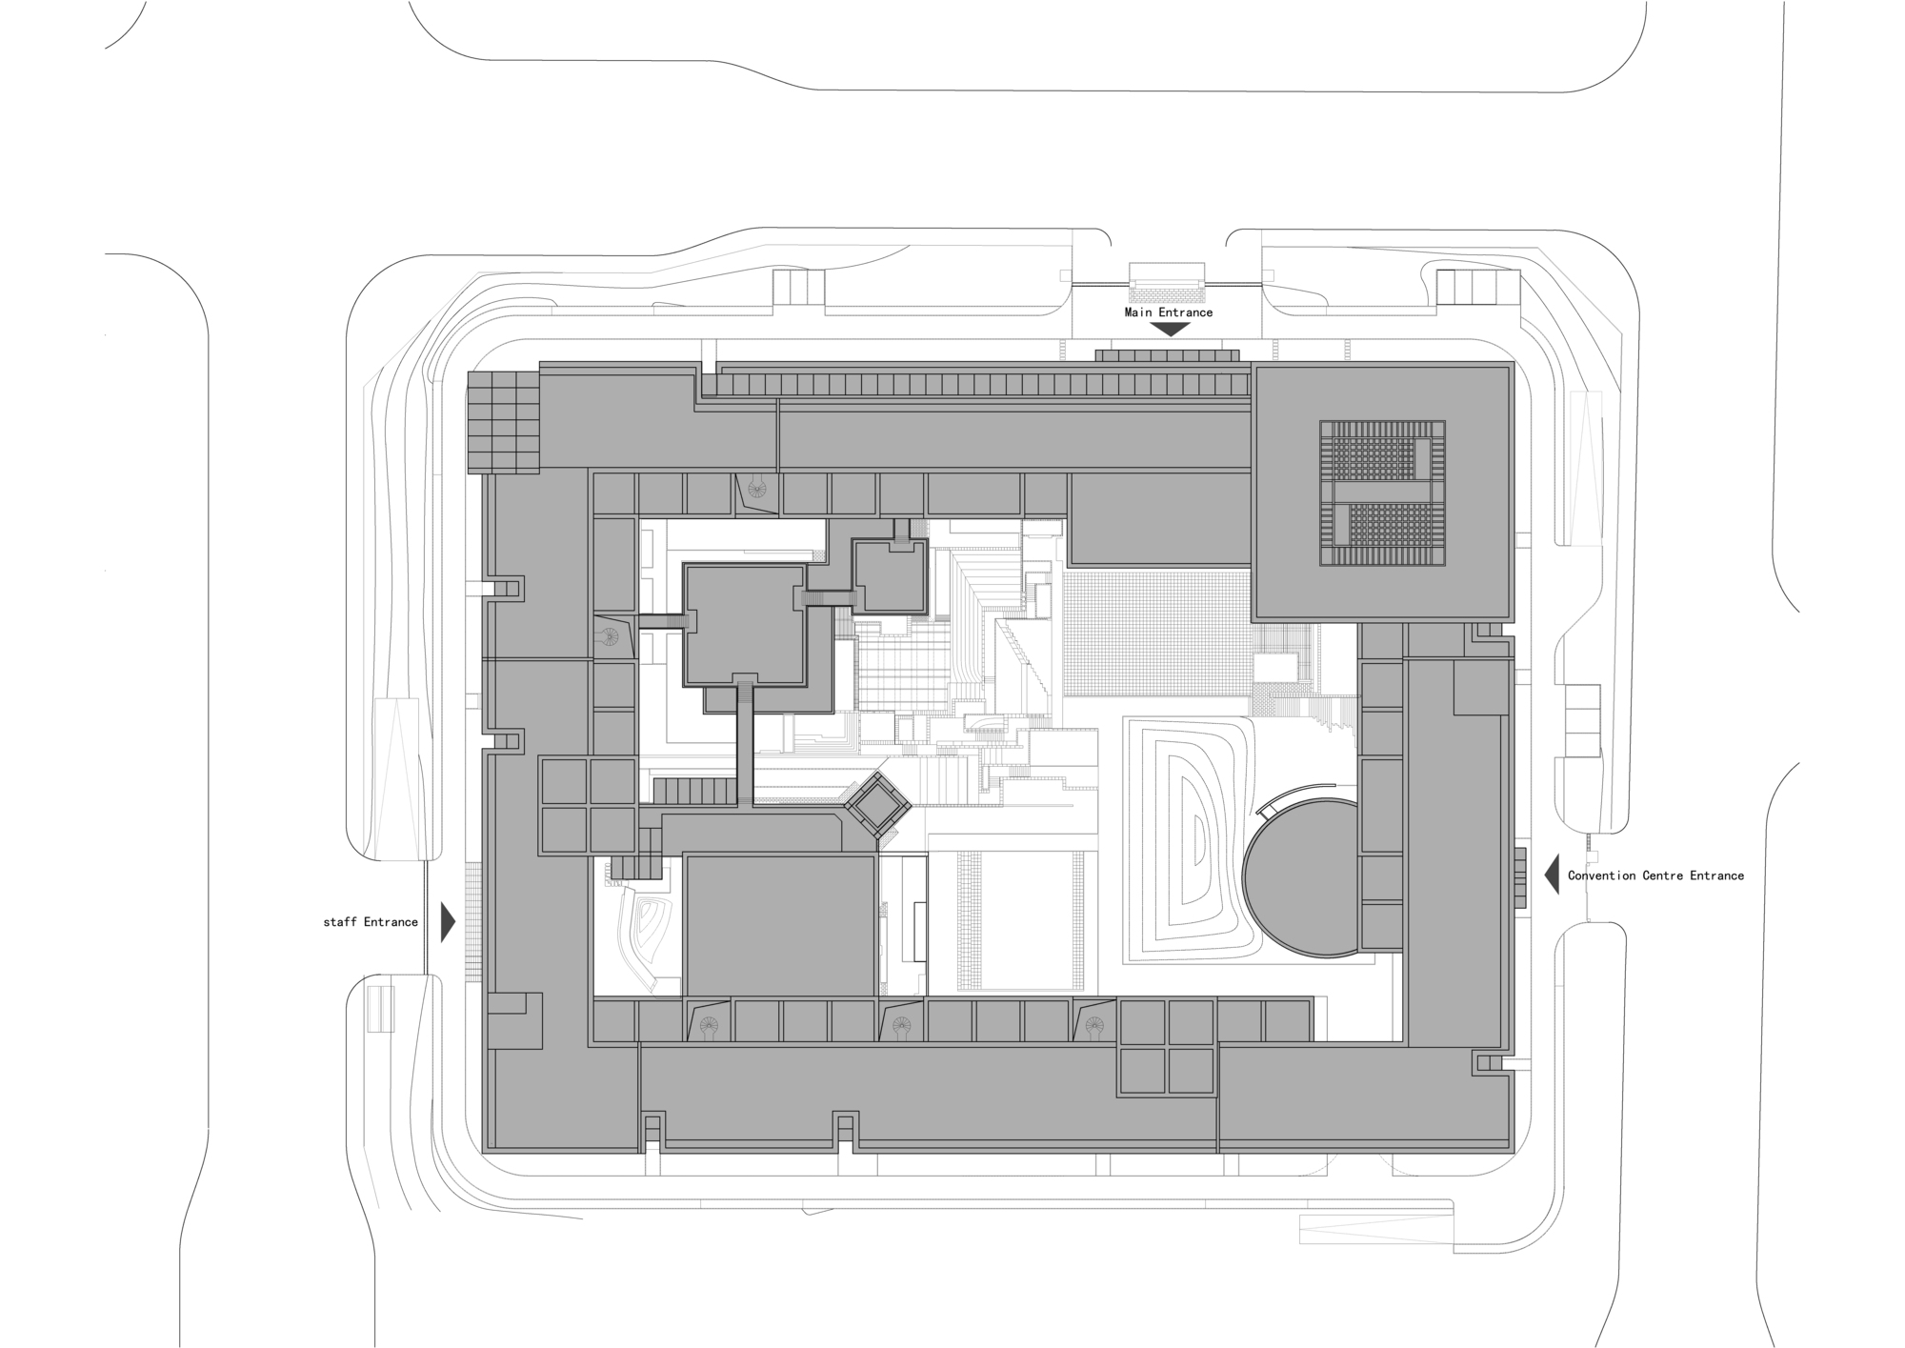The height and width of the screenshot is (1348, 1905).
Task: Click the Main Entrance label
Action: tap(1168, 312)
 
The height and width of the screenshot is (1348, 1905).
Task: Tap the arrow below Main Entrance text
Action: tap(1169, 330)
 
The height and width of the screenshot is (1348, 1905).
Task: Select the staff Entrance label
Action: tap(371, 922)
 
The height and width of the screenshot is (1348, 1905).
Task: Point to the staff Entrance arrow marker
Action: tap(448, 922)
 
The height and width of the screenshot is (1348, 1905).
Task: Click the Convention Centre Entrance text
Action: tap(1655, 875)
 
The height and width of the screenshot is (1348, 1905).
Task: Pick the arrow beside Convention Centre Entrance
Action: tap(1552, 875)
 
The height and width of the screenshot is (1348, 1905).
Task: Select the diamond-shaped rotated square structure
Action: tap(877, 807)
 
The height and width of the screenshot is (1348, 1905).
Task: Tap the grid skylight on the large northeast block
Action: tap(1381, 494)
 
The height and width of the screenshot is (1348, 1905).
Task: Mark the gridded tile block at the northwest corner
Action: tap(503, 422)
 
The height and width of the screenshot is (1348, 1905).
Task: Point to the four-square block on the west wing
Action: tap(589, 806)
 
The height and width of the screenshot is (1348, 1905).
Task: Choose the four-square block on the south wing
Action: tap(1168, 1046)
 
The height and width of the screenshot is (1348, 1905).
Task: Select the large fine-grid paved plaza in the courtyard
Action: tap(1155, 634)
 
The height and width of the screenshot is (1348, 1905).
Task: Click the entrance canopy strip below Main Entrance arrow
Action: tap(1167, 355)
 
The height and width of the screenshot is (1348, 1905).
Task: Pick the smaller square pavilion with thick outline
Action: tap(890, 576)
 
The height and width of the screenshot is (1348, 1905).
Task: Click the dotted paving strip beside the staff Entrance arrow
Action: tap(473, 922)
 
